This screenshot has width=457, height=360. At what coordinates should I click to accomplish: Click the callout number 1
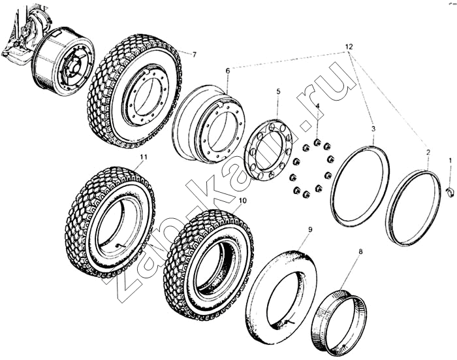[450, 159]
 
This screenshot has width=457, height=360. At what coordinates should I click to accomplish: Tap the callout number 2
[428, 152]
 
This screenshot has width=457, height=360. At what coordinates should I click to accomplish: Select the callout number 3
[373, 129]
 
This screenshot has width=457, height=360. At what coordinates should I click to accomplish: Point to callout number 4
[317, 106]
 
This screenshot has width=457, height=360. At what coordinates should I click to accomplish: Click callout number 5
[277, 92]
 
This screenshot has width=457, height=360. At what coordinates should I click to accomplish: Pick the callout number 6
[228, 71]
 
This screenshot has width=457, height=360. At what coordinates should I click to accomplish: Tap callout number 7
[193, 54]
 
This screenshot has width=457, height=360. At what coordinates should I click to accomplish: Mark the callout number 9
[310, 229]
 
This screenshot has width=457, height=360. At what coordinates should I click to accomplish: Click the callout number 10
[242, 201]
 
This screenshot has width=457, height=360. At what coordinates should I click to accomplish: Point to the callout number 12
[349, 47]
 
